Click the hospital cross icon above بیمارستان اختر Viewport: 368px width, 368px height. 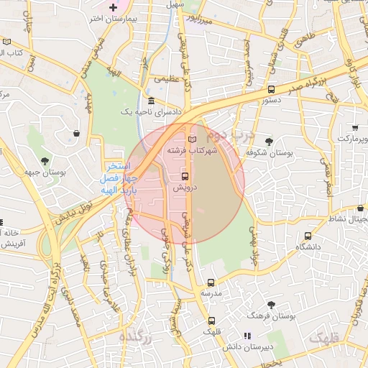[x=113, y=8]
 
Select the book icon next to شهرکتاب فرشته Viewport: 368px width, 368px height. [x=191, y=139]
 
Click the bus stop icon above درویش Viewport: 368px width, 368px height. [x=185, y=175]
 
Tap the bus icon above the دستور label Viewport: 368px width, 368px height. [x=271, y=90]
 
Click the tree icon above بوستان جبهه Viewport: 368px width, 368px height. [x=45, y=161]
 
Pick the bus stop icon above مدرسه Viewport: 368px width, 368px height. [x=211, y=283]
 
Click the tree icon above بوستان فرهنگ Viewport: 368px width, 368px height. [x=271, y=305]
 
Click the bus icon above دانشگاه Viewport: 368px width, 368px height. [x=308, y=236]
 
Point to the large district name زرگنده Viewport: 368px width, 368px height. [x=136, y=336]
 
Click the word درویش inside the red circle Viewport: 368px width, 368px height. [x=185, y=187]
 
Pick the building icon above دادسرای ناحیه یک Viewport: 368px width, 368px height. [x=151, y=101]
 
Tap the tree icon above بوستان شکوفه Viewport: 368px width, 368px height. [x=269, y=142]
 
